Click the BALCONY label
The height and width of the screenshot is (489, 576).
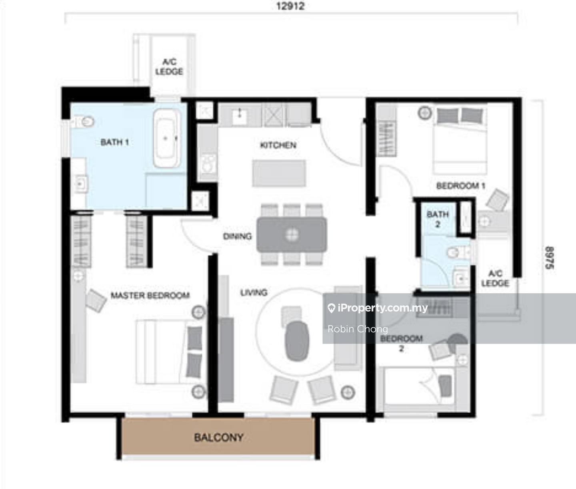pos(219,437)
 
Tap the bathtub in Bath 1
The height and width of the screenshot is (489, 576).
pos(167,138)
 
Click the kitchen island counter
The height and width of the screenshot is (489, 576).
pos(279,173)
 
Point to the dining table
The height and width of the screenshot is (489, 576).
pos(292,235)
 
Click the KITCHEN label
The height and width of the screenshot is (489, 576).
pos(278,145)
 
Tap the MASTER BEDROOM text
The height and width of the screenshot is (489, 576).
pos(150,295)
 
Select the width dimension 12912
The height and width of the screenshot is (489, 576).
pos(290,6)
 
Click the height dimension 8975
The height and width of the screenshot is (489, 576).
pos(549,258)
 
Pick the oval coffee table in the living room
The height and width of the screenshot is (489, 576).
pos(297,341)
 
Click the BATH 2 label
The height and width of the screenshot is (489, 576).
pos(438,219)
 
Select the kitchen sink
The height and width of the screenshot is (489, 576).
pos(239,114)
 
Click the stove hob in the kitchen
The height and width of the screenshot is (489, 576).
pos(208,164)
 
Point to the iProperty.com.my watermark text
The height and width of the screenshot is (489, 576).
pos(382,308)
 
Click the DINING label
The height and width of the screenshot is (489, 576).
pos(237,236)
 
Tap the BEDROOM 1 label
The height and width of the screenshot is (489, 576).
pos(461,186)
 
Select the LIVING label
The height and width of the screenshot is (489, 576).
pos(254,292)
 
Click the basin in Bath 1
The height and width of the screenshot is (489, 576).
pos(80,184)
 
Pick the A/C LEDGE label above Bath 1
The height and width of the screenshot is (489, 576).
pos(169,67)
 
